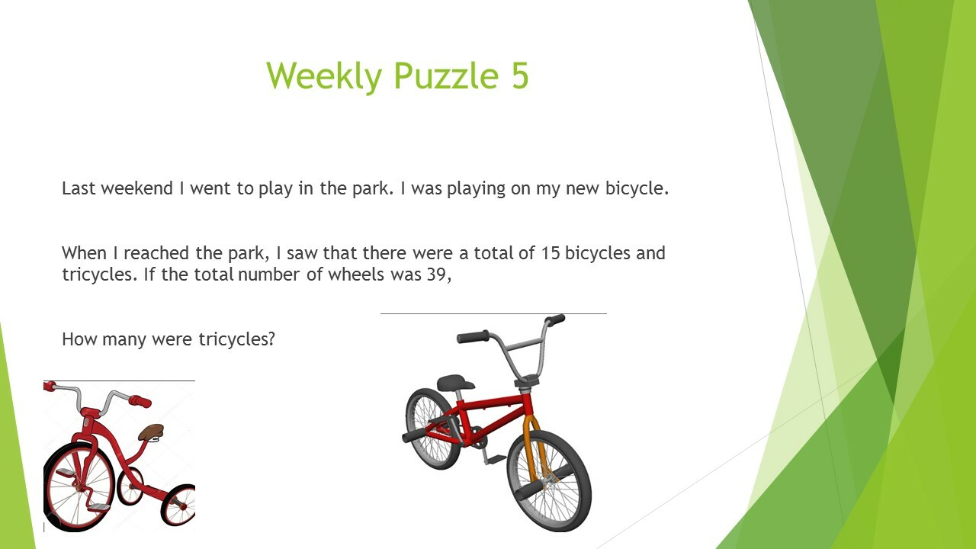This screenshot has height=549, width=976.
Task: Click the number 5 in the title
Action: pos(520,75)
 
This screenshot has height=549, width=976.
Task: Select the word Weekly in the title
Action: pos(324,77)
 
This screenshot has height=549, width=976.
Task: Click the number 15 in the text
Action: pos(551,253)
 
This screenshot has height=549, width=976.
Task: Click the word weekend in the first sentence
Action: pos(136,188)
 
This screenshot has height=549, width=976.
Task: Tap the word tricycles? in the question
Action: pos(236,339)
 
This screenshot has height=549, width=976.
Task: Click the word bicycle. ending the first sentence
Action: pos(637,188)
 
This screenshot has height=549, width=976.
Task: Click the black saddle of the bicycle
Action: pos(455,383)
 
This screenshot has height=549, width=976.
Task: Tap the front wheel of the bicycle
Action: pos(550,480)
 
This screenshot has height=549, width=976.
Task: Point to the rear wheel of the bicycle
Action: pos(432,429)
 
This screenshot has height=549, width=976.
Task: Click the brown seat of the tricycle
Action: pos(151,432)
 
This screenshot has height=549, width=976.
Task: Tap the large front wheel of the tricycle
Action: pos(79,487)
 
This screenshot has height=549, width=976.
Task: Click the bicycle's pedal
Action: pos(496,459)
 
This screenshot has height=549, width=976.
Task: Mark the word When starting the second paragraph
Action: pos(84,253)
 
